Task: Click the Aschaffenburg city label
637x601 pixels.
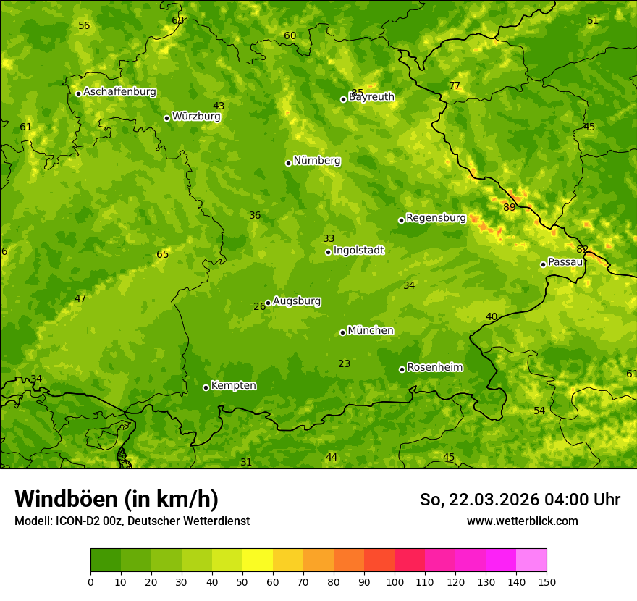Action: coord(119,92)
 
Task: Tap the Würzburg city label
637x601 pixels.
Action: coord(196,117)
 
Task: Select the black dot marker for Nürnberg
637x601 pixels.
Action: coord(288,163)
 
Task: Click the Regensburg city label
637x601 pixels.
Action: coord(436,218)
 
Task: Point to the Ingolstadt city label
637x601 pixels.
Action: coord(358,251)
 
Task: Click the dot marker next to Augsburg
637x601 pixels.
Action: coord(268,303)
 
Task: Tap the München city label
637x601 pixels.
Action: coord(371,331)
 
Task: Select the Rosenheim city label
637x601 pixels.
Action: coord(434,368)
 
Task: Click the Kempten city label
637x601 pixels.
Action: coord(233,386)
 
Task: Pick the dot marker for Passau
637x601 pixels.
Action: coord(543,264)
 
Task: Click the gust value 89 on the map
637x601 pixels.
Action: coord(510,208)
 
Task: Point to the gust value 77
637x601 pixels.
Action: coord(455,86)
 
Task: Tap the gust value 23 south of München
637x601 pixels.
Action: coord(345,364)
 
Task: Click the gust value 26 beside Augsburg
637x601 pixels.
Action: coord(259,307)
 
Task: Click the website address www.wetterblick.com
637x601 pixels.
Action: coord(522,521)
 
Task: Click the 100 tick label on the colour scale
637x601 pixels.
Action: coord(395,582)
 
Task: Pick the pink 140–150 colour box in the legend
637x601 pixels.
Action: coord(531,560)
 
